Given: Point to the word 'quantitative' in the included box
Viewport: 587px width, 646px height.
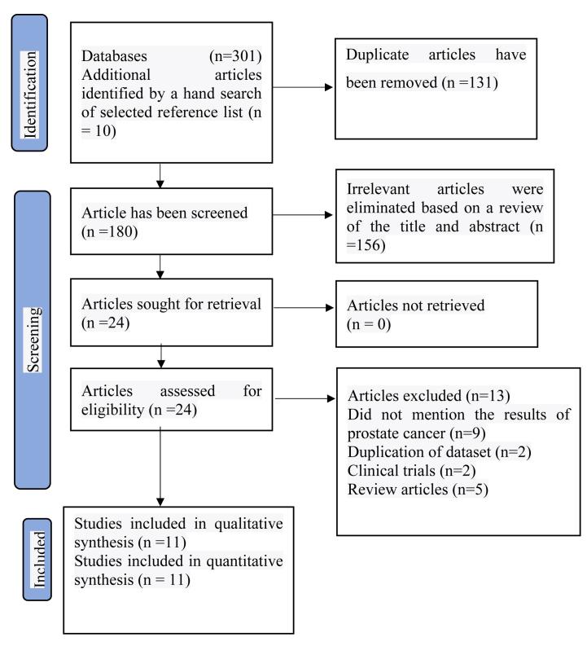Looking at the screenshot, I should pyautogui.click(x=239, y=560).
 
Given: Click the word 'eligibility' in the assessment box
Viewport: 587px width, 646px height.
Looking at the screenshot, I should pyautogui.click(x=115, y=410).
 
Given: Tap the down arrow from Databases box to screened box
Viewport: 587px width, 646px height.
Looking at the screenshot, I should pyautogui.click(x=162, y=174).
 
